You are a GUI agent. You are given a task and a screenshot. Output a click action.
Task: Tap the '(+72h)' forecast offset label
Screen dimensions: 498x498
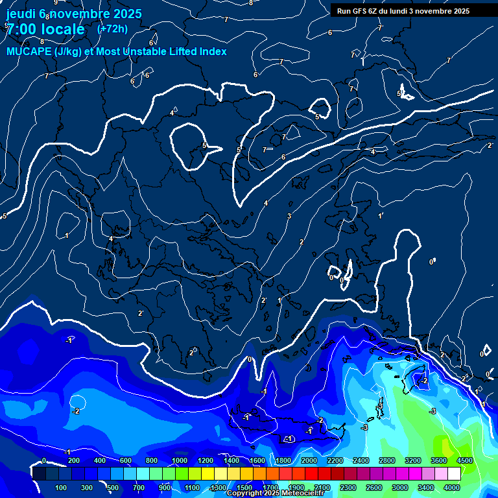(x=112, y=29)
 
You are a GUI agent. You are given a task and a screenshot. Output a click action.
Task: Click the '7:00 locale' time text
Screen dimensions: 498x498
(x=45, y=29)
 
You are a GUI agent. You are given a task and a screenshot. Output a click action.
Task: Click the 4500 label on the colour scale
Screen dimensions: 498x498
(x=464, y=460)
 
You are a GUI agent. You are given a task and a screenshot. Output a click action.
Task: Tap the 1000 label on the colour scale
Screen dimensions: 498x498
(x=179, y=460)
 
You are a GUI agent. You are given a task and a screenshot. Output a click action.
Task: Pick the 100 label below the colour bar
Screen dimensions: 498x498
(x=61, y=488)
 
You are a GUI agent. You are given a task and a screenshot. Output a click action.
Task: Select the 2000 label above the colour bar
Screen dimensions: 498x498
(x=309, y=460)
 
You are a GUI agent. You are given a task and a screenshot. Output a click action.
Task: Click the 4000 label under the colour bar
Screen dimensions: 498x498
(x=452, y=488)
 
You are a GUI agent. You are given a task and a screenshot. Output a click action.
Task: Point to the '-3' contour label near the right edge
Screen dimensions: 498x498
(x=433, y=411)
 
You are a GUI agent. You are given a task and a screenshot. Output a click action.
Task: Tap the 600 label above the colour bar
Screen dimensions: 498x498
(x=126, y=460)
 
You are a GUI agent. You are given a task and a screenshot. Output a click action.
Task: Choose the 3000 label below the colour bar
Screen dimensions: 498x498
(x=400, y=488)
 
